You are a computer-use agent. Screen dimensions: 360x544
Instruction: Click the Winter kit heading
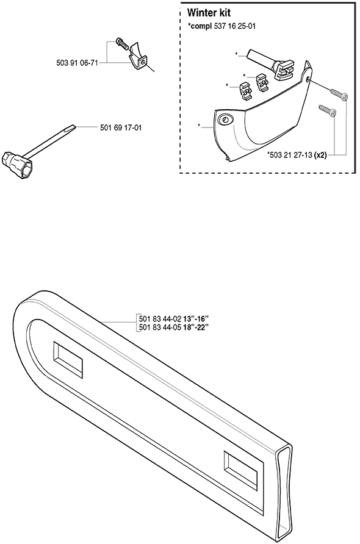coord(209,13)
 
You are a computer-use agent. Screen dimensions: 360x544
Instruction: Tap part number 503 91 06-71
coord(77,63)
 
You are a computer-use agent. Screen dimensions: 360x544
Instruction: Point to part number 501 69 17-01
coord(121,127)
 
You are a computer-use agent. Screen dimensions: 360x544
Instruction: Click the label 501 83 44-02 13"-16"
coord(174,319)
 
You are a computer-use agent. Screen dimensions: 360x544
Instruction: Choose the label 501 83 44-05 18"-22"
coord(174,327)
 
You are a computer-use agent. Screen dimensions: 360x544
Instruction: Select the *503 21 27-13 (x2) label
coord(297,155)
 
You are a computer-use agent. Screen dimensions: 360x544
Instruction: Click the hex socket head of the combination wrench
coord(17,166)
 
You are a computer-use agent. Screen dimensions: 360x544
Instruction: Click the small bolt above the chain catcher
coord(122,43)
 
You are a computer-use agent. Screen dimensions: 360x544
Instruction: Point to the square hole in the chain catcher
coord(143,62)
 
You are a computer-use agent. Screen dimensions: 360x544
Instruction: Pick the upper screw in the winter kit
coord(339,95)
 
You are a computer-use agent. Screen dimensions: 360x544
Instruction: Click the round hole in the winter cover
coord(225,120)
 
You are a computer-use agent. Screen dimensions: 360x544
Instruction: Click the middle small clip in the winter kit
coord(263,82)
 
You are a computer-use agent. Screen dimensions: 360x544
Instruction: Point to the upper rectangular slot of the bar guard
coord(68,360)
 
